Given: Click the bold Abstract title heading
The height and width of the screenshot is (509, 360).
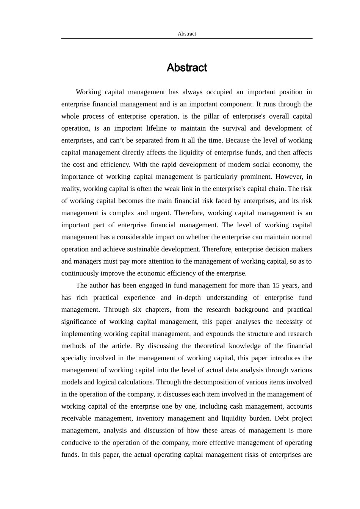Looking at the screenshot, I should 187,68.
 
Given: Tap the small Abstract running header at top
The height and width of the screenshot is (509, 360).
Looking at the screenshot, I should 187,34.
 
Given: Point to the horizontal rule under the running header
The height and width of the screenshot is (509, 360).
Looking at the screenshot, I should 187,38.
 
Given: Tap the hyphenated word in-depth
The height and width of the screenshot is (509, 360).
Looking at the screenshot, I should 189,298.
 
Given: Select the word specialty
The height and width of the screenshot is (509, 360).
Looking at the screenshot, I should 74,358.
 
